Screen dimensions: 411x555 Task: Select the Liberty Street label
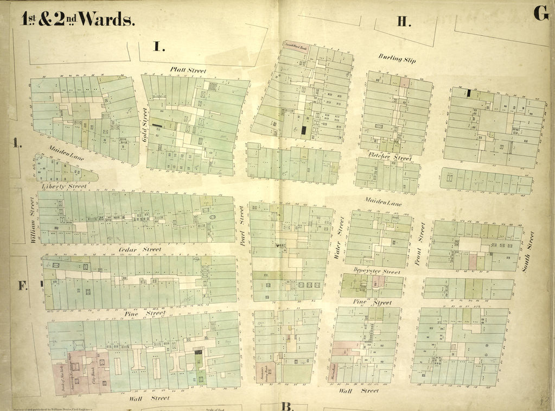tap(64, 186)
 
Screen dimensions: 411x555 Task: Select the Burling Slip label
tap(397, 59)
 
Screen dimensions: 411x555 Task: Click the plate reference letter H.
tap(403, 22)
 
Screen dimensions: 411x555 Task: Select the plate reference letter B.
tap(287, 406)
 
